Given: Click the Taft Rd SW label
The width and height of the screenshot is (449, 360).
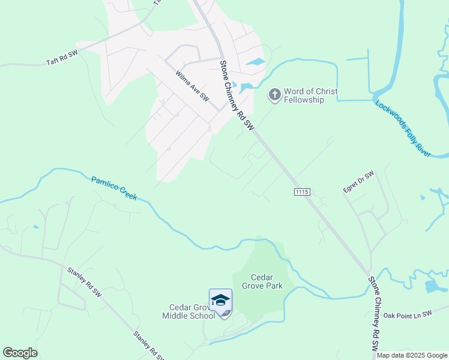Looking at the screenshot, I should (62, 58).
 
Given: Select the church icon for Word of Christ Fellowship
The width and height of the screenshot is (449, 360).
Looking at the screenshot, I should (274, 94).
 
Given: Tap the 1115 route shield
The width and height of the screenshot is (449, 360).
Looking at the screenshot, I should (302, 191).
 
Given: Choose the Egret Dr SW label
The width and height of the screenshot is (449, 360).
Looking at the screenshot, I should (358, 182).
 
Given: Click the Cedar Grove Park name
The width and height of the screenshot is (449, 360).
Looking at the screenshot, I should (261, 281).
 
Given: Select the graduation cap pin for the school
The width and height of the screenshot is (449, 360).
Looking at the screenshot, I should (220, 300).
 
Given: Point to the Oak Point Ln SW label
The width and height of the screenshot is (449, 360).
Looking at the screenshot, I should (408, 314).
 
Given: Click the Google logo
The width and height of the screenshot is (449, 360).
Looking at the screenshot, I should (20, 353).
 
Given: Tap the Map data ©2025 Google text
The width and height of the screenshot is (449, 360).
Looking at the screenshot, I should (412, 355).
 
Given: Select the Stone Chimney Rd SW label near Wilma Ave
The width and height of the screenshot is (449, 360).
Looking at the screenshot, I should (237, 95).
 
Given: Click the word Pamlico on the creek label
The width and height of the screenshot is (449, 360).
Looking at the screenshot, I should (104, 184).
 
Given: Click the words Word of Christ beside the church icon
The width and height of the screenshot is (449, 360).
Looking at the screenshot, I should (310, 91).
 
